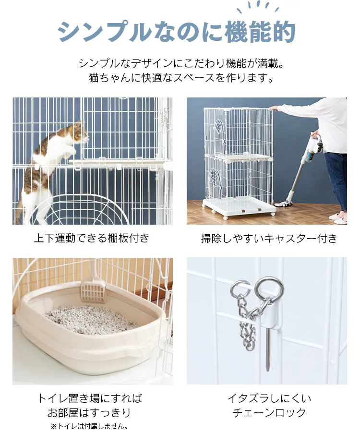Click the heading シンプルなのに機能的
pos(177,32)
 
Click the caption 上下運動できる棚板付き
pos(92,238)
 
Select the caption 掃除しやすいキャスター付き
pos(269,239)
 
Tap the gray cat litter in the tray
pos(91,320)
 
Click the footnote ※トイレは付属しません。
pos(89,426)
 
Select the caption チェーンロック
pos(269,413)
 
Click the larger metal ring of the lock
pos(269,288)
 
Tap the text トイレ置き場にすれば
pos(90,398)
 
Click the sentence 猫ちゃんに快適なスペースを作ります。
pos(181,78)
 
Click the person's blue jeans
pos(336,180)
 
